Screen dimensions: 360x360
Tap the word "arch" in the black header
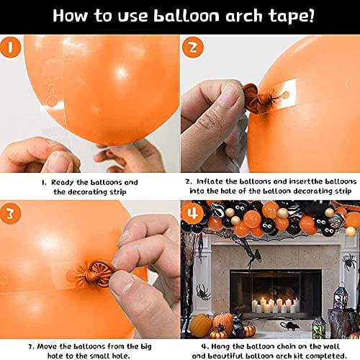[244, 16]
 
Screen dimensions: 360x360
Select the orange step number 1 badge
[10, 48]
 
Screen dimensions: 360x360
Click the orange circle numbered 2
[193, 48]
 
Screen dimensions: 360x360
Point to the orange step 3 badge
[10, 214]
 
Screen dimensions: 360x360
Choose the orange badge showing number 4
[193, 214]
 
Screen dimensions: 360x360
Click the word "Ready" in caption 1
[63, 183]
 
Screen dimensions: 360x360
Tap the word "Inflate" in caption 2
[210, 181]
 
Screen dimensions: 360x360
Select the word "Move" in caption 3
[48, 346]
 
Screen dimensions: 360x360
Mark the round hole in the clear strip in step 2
[286, 94]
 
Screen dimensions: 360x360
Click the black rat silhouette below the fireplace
[290, 325]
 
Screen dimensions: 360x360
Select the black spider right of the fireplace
[349, 263]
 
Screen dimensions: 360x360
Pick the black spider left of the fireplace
[203, 292]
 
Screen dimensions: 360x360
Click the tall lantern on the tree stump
[340, 297]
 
